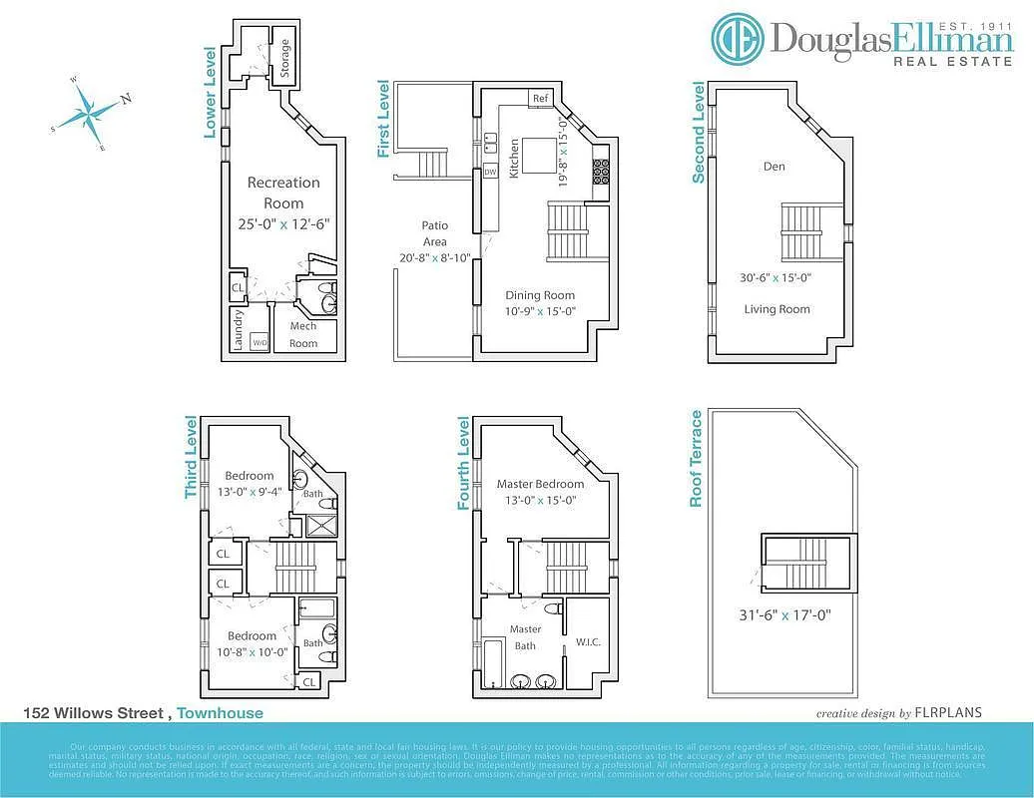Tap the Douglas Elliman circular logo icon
click(x=738, y=39)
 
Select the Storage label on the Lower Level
click(x=285, y=59)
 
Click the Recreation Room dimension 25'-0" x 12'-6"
click(x=283, y=224)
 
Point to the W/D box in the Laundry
click(x=259, y=343)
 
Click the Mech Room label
click(x=303, y=335)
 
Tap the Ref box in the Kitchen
click(x=541, y=99)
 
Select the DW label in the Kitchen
click(x=490, y=172)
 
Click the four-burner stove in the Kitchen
click(x=601, y=172)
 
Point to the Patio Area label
click(x=435, y=233)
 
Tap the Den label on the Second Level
click(x=775, y=167)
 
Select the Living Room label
click(x=776, y=309)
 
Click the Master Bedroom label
click(x=540, y=484)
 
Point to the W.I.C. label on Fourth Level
click(x=587, y=641)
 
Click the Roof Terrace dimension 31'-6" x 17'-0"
click(x=784, y=615)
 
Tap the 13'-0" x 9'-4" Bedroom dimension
click(x=249, y=492)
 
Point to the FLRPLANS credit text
click(x=949, y=712)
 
